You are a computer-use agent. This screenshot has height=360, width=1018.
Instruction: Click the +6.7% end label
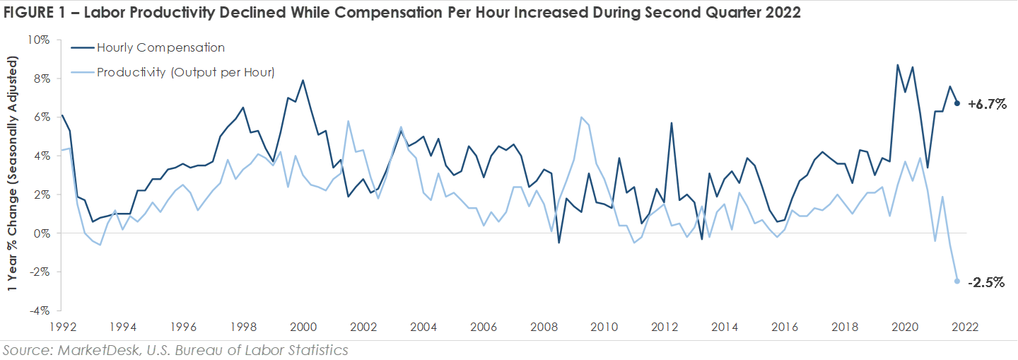987,104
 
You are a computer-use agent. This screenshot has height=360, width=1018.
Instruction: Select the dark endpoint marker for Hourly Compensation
957,103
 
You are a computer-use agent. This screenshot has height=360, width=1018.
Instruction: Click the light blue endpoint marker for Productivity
957,281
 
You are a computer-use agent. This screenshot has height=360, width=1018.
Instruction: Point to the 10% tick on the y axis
39,40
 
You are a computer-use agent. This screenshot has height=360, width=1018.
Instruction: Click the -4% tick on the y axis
39,310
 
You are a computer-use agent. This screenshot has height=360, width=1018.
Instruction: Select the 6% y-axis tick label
41,117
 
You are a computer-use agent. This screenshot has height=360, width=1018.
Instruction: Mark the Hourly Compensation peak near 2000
303,80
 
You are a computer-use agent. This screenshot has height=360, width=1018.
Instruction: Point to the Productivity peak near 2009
580,117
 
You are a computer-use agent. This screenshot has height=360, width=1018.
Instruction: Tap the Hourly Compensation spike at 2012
671,123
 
